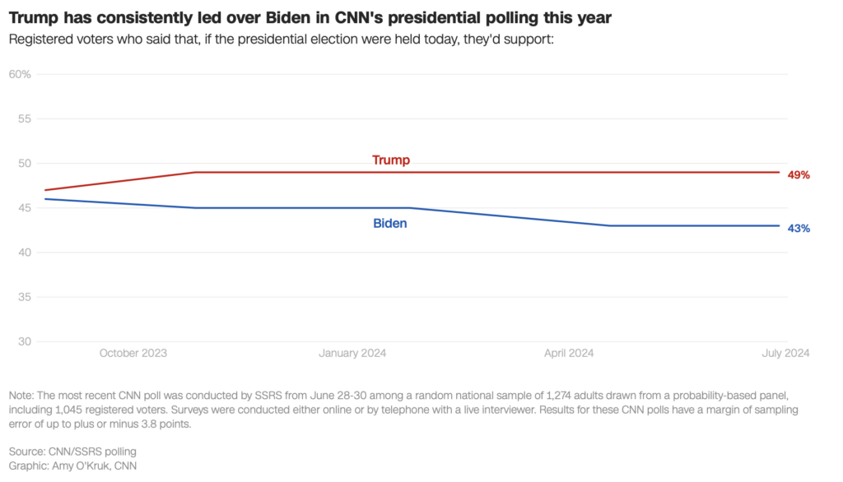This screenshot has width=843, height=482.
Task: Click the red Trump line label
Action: tap(391, 160)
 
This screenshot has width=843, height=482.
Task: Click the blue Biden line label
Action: tap(390, 223)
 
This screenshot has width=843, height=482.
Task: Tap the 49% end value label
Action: tap(799, 175)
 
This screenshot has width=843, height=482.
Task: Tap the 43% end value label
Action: tap(799, 228)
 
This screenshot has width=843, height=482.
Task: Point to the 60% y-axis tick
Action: tap(20, 74)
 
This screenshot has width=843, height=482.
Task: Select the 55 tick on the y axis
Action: tap(24, 118)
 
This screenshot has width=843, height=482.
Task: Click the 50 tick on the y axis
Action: tap(24, 163)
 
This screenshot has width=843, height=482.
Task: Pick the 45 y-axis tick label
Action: tap(24, 207)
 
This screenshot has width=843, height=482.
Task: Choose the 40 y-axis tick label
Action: tap(24, 252)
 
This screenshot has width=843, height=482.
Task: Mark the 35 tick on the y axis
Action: tap(24, 297)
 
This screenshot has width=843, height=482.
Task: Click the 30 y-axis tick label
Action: tap(24, 341)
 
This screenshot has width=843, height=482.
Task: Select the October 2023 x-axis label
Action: tap(133, 353)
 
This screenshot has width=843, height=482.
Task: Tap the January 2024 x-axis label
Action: tap(352, 353)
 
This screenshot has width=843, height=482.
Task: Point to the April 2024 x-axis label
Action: tap(569, 353)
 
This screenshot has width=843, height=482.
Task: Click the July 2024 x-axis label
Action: tap(785, 353)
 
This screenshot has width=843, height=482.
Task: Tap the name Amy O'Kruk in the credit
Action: tap(89, 466)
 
